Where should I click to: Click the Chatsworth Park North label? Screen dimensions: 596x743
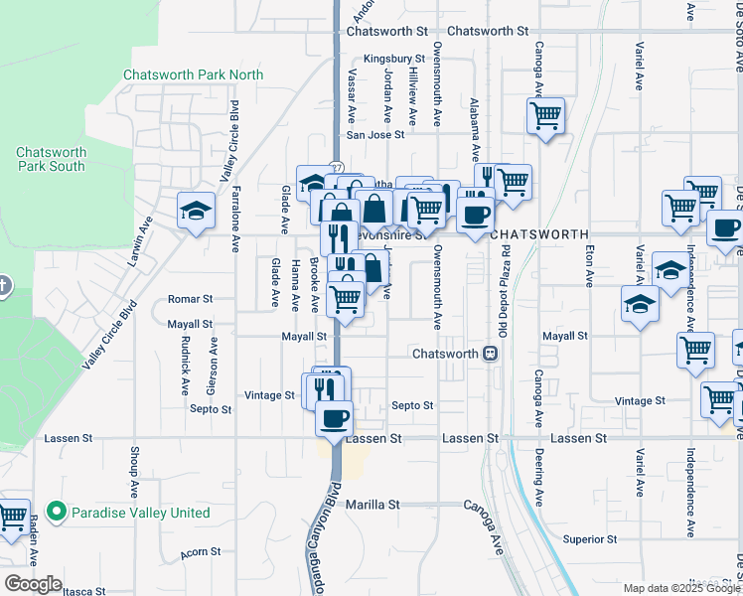point(193,75)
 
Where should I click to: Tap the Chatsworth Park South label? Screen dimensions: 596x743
point(51,159)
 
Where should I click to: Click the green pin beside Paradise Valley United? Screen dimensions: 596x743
point(57,514)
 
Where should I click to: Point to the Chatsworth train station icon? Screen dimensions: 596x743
point(490,354)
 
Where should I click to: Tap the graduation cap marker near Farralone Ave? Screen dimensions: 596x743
point(195,211)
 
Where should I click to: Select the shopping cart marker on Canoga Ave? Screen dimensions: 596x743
point(545,115)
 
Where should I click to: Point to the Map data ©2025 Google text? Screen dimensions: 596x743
point(681,588)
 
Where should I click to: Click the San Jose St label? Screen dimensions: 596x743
point(374,135)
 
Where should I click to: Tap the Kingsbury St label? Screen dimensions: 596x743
point(393,60)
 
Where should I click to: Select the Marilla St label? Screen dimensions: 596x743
point(372,505)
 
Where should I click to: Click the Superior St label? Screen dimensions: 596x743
point(590,539)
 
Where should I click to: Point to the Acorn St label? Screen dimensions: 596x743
point(202,552)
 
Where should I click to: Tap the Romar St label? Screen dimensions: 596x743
point(190,298)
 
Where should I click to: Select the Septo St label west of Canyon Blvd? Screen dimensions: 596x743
point(212,408)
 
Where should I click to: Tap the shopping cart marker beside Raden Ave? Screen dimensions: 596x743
point(12,516)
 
